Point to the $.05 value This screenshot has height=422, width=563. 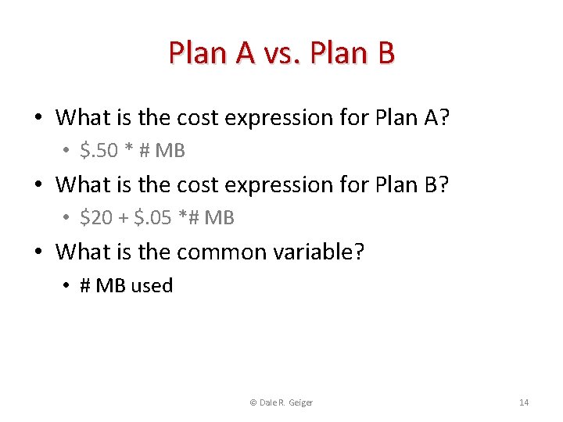click(153, 218)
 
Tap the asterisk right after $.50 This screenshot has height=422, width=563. click(130, 149)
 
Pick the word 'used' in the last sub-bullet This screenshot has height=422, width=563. click(152, 286)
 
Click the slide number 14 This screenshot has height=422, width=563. click(524, 402)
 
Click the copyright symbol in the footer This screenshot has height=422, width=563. click(253, 402)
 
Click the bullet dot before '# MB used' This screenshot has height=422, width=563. click(68, 286)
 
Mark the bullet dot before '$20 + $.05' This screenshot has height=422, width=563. click(68, 219)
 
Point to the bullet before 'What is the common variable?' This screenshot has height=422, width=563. click(38, 252)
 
